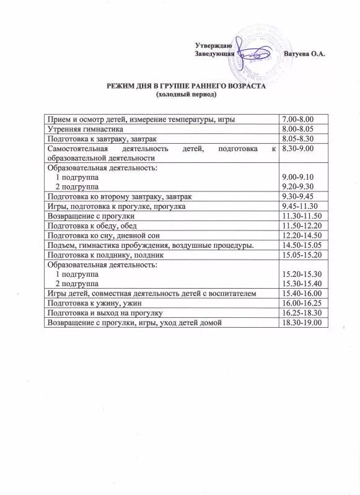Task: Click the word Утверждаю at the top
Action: [x=214, y=46]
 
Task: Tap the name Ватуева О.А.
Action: [x=304, y=55]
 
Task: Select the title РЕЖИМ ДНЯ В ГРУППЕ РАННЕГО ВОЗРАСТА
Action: [x=187, y=87]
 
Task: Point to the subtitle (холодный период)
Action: [x=187, y=95]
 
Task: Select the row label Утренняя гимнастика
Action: [x=85, y=129]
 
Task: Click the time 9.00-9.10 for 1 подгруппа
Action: [x=297, y=177]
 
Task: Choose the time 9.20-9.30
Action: [x=297, y=186]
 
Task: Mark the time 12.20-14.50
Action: [x=301, y=236]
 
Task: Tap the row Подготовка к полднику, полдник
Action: [x=105, y=255]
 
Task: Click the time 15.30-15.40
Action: [x=302, y=283]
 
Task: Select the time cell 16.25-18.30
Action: [x=302, y=313]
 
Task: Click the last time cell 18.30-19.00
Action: [x=302, y=323]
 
